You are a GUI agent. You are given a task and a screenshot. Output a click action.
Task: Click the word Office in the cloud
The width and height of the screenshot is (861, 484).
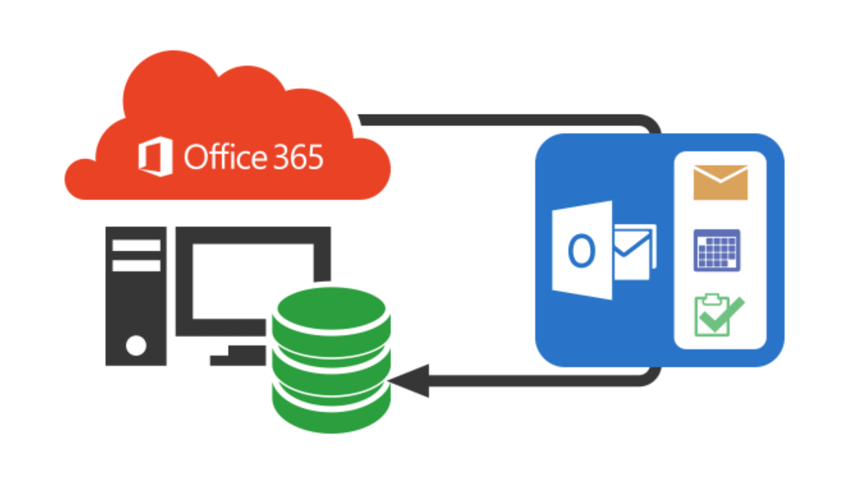(225, 157)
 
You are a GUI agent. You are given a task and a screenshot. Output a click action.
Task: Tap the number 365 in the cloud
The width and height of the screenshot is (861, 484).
(298, 157)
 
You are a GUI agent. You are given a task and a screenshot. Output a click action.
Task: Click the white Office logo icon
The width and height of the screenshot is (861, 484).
(156, 156)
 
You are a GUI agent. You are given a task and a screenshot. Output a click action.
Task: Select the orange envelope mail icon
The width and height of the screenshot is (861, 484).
(720, 182)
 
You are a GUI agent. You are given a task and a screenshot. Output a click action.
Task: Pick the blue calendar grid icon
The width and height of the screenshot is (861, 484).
(717, 250)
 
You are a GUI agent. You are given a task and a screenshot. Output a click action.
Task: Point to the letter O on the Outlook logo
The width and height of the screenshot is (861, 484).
(582, 251)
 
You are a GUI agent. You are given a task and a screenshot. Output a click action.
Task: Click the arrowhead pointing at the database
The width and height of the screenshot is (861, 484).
(410, 380)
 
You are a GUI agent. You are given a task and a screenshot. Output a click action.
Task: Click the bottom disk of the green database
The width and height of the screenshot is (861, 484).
(331, 410)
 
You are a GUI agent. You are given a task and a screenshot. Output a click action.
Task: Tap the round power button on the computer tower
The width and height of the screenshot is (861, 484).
(136, 346)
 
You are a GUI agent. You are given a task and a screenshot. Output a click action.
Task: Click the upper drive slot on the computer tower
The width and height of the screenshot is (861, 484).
(136, 245)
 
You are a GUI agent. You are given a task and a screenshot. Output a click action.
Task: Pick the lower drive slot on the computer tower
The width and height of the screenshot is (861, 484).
(136, 265)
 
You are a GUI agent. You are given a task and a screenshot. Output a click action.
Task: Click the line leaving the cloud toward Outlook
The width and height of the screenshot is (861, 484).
(493, 120)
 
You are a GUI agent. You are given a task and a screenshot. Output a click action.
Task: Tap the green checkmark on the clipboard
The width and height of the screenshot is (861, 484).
(722, 316)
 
